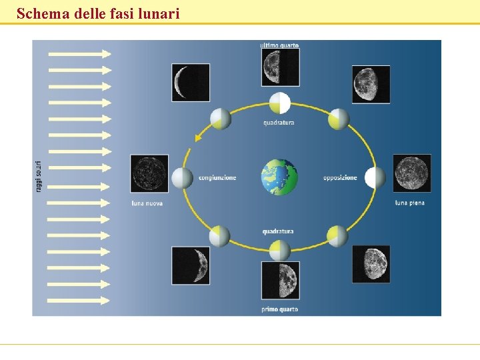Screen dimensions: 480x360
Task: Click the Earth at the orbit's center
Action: pos(279,177)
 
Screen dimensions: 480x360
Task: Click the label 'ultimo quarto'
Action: pos(279,45)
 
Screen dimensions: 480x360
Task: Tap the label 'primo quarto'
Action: pos(279,309)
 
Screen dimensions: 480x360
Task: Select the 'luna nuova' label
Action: pos(147,203)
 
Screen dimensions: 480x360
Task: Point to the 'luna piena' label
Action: pos(409,203)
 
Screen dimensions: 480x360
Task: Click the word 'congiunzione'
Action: pos(217,178)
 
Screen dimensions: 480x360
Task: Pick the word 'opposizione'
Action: pos(340,178)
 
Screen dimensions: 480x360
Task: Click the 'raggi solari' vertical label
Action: pos(38,177)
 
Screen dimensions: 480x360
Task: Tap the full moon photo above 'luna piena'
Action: pos(411,173)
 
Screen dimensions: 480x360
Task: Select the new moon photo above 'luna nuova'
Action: pos(149,173)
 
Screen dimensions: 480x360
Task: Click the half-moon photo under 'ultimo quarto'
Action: pos(280,67)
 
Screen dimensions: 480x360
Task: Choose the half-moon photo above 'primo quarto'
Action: pos(280,280)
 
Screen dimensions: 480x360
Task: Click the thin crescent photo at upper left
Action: pos(191,83)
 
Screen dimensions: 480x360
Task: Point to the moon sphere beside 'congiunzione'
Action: pos(182,178)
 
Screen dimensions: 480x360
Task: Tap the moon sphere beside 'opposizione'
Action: pos(375,178)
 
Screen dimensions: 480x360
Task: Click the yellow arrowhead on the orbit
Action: pos(197,138)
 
